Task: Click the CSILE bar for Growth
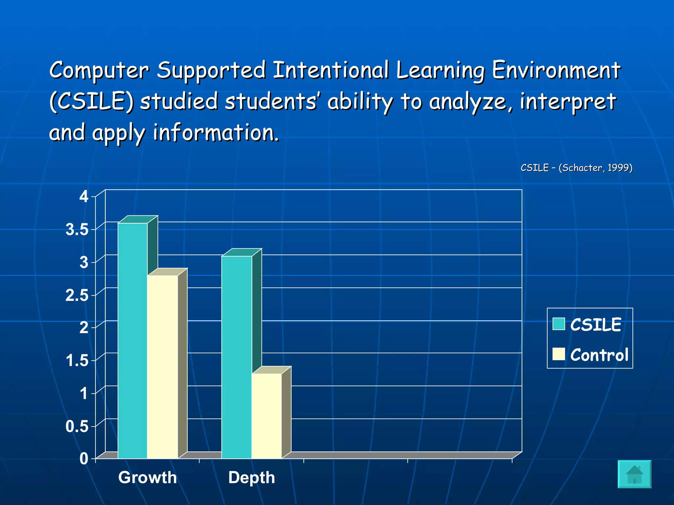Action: (132, 340)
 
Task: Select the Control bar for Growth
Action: (162, 367)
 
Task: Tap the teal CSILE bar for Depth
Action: (236, 357)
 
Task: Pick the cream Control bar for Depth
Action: (267, 416)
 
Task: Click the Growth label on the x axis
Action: (147, 477)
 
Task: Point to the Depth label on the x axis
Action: (251, 477)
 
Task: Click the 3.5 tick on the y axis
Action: (77, 229)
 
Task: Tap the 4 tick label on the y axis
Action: (84, 197)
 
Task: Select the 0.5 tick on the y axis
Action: (77, 426)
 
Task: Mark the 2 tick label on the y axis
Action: (84, 328)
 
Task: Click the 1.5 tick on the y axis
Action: (77, 361)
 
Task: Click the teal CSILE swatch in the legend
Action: (558, 324)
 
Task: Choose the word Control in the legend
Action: (599, 355)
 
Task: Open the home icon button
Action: (634, 474)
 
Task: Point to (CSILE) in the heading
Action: (91, 101)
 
